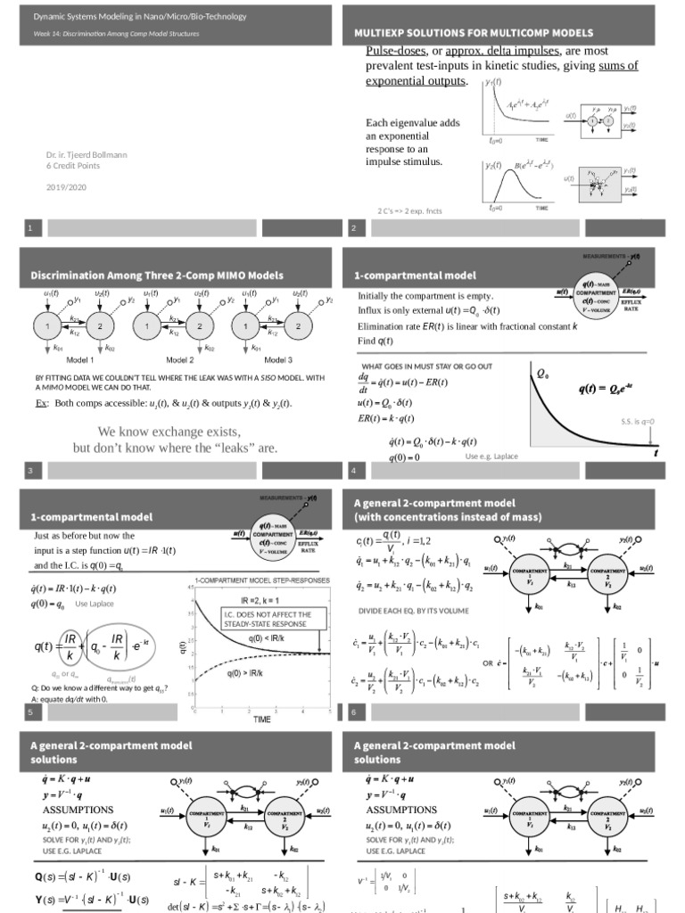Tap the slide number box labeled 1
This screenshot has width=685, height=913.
tap(32, 229)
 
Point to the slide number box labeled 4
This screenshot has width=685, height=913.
tap(355, 470)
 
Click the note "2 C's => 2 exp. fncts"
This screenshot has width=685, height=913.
tap(410, 211)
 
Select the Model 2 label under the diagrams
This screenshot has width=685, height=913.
tap(180, 359)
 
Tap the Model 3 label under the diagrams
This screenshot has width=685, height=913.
tap(278, 359)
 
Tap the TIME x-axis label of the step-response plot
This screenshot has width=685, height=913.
tap(261, 719)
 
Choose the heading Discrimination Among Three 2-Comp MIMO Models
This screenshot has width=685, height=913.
tap(157, 275)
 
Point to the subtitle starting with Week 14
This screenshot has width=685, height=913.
tap(116, 34)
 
